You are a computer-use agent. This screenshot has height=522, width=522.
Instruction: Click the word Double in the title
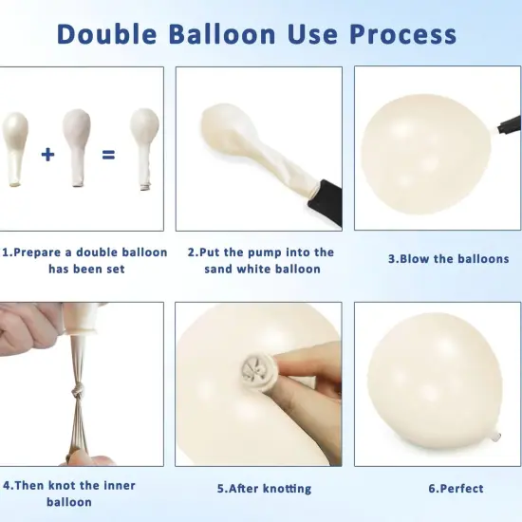click(107, 34)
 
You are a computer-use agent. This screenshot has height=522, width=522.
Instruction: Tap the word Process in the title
click(402, 34)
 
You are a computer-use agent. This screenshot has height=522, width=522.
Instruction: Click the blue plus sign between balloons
click(47, 155)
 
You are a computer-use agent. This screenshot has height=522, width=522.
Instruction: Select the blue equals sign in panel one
click(108, 155)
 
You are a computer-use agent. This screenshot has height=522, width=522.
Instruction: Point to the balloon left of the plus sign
click(14, 149)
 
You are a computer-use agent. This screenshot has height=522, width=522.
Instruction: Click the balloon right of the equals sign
click(144, 149)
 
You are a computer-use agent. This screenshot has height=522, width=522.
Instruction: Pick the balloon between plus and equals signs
click(77, 147)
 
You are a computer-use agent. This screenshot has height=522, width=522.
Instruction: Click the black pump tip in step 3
click(510, 124)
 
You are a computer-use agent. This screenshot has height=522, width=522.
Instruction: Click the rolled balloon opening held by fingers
click(256, 369)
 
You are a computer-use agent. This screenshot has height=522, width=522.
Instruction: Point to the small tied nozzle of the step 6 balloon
click(495, 436)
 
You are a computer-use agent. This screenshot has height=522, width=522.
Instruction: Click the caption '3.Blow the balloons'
click(448, 259)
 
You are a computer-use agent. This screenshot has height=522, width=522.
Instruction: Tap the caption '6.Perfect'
click(456, 489)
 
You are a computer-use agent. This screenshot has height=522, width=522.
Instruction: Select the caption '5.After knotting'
click(265, 489)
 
